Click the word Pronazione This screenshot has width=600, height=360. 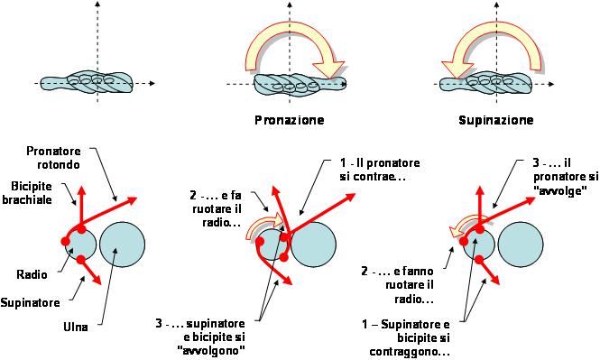[290, 120]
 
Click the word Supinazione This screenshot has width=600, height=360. [496, 120]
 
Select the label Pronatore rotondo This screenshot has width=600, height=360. [53, 158]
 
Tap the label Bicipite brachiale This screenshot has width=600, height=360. [27, 193]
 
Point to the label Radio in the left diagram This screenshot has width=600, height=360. [32, 274]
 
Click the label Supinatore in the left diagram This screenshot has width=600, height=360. [30, 302]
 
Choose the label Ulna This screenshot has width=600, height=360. [76, 327]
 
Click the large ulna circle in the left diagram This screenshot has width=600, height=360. [123, 245]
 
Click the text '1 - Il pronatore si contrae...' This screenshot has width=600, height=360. [380, 170]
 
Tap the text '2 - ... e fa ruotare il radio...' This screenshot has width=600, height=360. [216, 209]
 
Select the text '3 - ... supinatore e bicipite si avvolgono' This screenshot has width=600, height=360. [200, 337]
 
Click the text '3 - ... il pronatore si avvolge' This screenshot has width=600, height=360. [566, 177]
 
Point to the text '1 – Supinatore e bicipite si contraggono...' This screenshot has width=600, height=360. [406, 338]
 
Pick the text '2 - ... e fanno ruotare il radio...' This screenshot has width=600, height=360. [398, 285]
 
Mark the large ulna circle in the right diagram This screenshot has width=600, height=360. [521, 245]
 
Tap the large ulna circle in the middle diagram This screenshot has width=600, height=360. [313, 245]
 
